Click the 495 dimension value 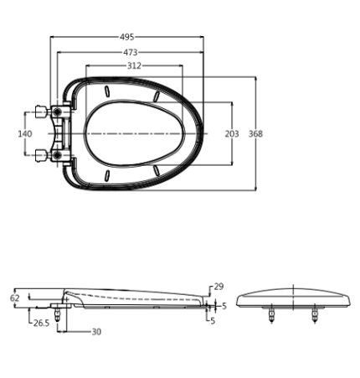127,37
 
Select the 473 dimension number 131,52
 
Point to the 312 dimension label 134,66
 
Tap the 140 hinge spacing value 25,134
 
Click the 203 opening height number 232,134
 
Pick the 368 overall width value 255,134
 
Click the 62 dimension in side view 15,298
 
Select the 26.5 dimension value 41,324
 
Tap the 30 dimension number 96,332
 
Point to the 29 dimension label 219,287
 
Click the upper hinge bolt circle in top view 58,111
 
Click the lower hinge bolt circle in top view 58,155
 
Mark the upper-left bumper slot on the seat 106,91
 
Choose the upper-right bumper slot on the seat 157,96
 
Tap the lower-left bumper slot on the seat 106,176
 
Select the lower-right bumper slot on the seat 157,171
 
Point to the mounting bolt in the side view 58,314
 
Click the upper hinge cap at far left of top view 41,111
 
